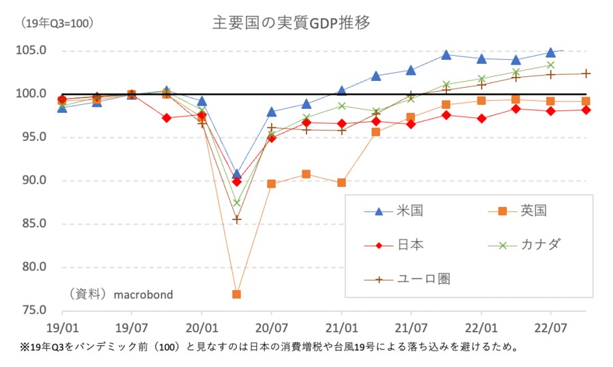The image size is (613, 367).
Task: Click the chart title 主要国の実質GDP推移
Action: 292,23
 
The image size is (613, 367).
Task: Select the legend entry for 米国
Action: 410,210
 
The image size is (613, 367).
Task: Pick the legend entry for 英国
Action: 533,210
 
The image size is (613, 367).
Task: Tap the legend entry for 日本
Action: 410,244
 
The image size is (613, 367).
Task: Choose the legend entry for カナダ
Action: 542,244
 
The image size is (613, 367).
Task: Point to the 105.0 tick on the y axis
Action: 32,51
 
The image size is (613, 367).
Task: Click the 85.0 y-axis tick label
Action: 32,224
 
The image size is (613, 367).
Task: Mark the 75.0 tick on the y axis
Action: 32,310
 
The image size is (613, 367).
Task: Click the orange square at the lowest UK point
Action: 237,294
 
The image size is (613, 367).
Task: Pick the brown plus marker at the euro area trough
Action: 237,219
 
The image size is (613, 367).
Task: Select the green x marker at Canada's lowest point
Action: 237,202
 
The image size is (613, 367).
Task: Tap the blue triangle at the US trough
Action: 236,174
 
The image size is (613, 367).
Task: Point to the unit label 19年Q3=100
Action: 57,24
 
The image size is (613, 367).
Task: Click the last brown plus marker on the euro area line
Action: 586,74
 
